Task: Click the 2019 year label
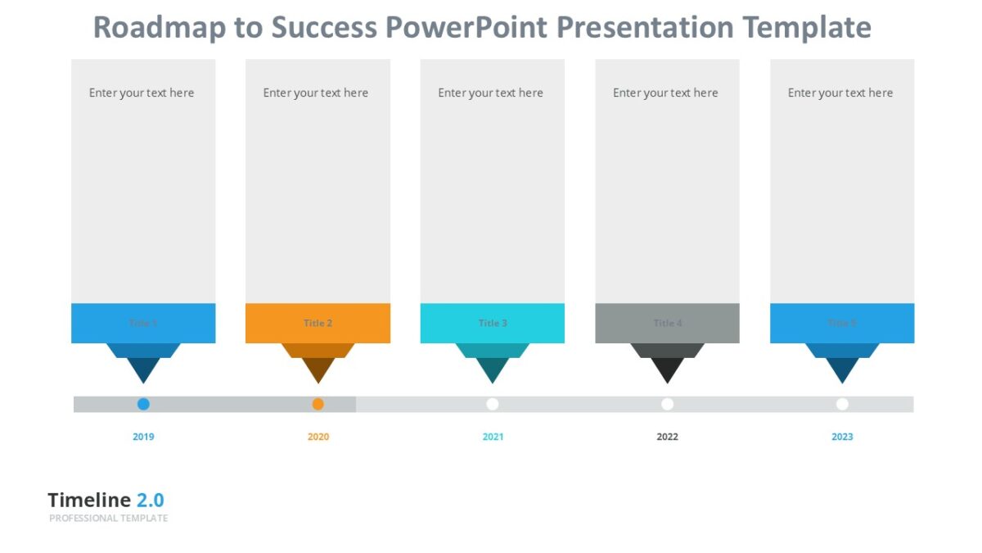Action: click(x=143, y=437)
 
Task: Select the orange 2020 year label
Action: click(x=318, y=437)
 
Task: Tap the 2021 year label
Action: click(x=493, y=437)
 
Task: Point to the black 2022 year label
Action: click(x=667, y=437)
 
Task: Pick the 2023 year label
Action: click(x=842, y=437)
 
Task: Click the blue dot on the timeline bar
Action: click(x=143, y=404)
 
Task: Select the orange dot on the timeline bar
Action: click(x=318, y=404)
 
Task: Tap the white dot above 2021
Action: click(x=493, y=404)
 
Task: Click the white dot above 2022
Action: click(x=667, y=404)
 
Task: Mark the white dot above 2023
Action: click(x=842, y=404)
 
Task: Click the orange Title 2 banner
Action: click(x=318, y=323)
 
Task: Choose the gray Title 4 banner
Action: click(x=667, y=323)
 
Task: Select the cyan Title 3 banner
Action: click(x=493, y=323)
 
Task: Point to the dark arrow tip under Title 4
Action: click(x=667, y=370)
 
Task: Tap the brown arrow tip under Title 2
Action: click(x=318, y=370)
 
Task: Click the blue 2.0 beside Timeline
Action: click(x=150, y=500)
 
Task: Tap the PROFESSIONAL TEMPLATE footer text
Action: click(x=108, y=519)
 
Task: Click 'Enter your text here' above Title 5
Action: click(x=840, y=93)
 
